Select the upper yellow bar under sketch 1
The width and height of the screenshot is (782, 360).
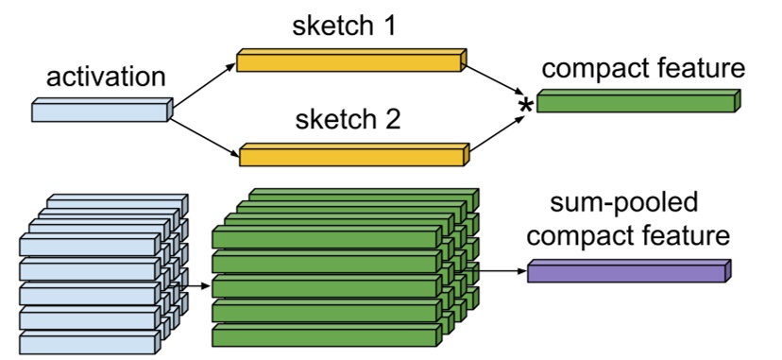coord(349,62)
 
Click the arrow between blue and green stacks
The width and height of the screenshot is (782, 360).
coord(195,283)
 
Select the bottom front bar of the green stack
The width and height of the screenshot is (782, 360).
coord(326,336)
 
